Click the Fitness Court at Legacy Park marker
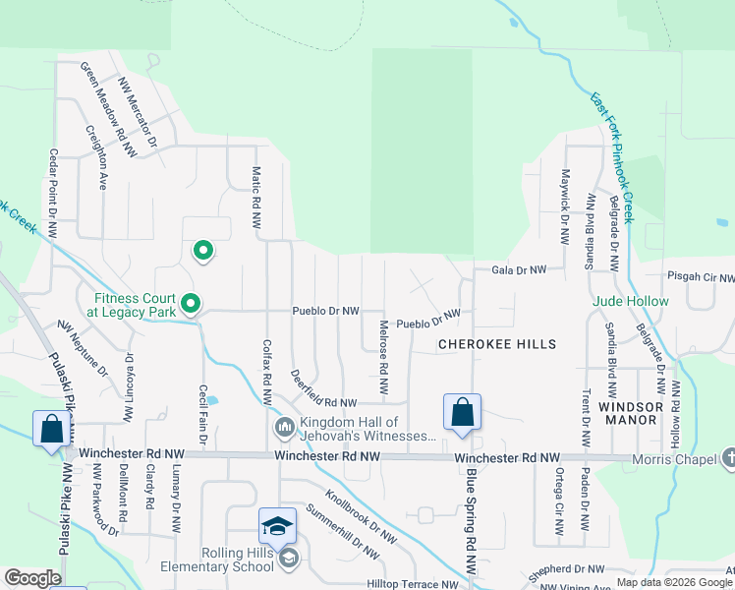192,304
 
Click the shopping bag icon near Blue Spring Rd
462,413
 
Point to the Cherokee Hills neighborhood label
497,344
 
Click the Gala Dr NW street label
517,268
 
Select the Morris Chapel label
682,458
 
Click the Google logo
32,578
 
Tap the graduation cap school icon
277,526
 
